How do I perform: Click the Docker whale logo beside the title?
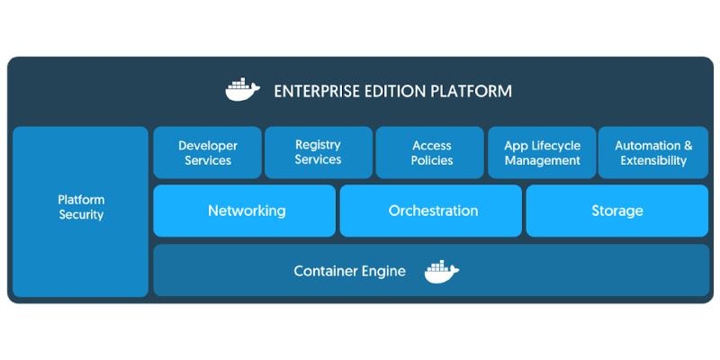[242, 90]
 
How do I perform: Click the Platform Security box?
[81, 211]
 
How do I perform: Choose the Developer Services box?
[208, 153]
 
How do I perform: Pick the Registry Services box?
[318, 153]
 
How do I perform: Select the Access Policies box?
[432, 153]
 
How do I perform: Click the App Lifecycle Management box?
[542, 153]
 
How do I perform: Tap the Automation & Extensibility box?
[653, 153]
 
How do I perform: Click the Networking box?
[245, 211]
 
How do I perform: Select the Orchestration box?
[431, 211]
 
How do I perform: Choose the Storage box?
[617, 211]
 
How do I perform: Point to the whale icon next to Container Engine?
[441, 271]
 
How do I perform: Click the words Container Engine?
[349, 271]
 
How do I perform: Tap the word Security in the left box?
[81, 215]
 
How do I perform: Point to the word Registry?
[318, 145]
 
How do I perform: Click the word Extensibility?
[653, 161]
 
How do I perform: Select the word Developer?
[208, 146]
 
